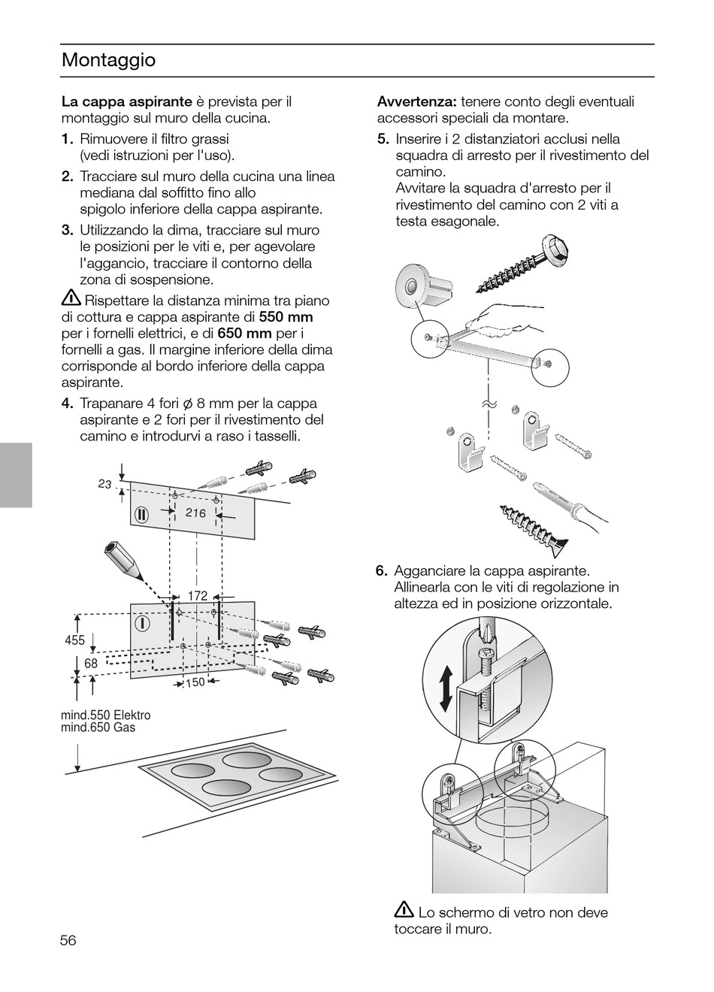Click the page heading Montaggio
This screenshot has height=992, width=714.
[108, 60]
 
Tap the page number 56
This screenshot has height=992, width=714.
[69, 940]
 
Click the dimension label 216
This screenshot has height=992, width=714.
[195, 513]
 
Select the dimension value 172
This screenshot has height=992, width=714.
[197, 596]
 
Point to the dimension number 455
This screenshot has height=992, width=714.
[74, 640]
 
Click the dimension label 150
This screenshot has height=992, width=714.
[195, 682]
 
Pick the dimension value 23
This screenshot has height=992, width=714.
[104, 484]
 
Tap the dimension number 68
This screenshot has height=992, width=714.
[91, 664]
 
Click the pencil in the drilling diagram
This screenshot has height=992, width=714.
[123, 561]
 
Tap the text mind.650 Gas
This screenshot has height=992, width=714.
[98, 727]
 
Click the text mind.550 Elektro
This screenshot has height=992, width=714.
[105, 715]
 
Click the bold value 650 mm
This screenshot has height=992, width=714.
[244, 334]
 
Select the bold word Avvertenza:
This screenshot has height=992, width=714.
[416, 101]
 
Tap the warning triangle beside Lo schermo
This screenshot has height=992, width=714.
[404, 911]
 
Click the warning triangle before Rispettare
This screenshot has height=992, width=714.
[71, 299]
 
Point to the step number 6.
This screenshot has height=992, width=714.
[381, 570]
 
